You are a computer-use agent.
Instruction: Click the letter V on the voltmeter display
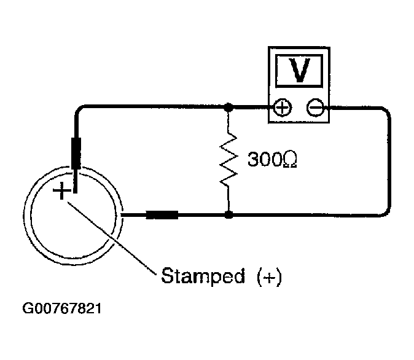(299, 71)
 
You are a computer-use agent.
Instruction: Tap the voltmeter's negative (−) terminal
(315, 108)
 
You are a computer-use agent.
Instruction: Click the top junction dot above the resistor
(228, 107)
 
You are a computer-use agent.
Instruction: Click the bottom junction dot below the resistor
(228, 215)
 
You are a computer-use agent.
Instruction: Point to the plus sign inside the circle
(62, 192)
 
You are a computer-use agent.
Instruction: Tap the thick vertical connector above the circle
(77, 152)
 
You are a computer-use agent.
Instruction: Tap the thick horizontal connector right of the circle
(162, 215)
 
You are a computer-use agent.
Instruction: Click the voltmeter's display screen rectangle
(299, 71)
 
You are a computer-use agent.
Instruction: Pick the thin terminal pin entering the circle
(76, 180)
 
